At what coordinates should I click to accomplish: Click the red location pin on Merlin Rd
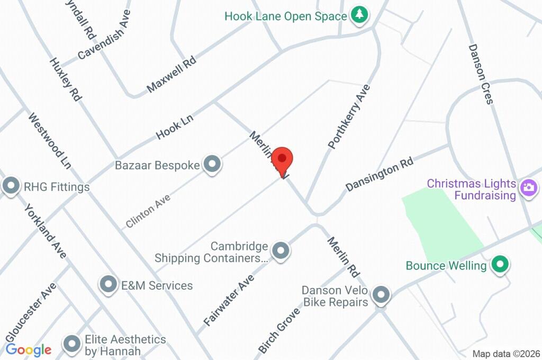282,159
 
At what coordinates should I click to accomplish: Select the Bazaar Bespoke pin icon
212,165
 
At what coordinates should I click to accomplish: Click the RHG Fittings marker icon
11,186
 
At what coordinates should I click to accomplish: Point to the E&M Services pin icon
109,285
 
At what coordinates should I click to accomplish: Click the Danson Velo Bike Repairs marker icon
381,295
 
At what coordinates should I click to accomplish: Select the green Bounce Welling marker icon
499,264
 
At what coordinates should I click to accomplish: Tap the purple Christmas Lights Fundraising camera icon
529,187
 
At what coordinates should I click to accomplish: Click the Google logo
29,349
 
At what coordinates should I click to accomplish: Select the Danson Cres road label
481,74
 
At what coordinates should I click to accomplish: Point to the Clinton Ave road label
148,211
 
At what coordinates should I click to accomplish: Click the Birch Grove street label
279,330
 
